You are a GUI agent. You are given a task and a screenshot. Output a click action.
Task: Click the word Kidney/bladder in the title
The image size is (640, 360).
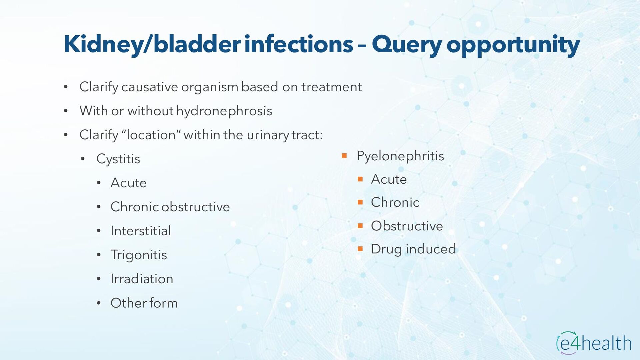coord(152,44)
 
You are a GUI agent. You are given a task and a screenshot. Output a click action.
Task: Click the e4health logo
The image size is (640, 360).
coord(594,343)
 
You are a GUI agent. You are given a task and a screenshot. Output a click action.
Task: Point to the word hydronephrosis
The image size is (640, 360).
coord(224,111)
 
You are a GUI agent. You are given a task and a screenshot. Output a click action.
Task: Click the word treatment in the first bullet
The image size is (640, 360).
coord(332,87)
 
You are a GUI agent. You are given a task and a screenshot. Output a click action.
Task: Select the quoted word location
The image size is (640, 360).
coord(151,135)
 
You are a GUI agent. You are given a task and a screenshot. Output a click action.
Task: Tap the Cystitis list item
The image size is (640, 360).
coord(118,159)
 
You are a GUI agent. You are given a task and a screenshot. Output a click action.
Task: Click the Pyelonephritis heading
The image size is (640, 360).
coord(400,156)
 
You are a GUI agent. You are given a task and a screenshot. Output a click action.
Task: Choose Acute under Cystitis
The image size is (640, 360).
coord(129,183)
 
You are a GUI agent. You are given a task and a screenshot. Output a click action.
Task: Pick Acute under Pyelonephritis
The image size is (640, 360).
coord(389,179)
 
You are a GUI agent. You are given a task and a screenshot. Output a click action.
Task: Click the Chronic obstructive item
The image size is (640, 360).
coord(170,207)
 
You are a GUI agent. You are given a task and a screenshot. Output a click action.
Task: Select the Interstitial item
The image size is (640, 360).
coord(141,231)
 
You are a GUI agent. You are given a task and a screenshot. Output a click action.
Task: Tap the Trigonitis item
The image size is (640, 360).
coord(139,255)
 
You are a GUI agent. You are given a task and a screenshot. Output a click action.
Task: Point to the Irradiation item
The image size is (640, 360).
coord(142,279)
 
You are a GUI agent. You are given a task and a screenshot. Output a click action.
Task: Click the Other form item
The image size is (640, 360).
coord(144,303)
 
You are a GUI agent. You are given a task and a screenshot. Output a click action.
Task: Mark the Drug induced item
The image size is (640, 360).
coord(414,249)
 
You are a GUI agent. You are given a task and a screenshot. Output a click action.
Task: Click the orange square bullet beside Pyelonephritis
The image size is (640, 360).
coord(344,156)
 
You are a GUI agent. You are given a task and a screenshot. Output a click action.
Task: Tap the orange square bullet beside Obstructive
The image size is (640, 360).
coord(360,226)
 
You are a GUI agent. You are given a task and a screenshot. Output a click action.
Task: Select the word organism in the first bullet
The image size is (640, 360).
coord(210,87)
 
